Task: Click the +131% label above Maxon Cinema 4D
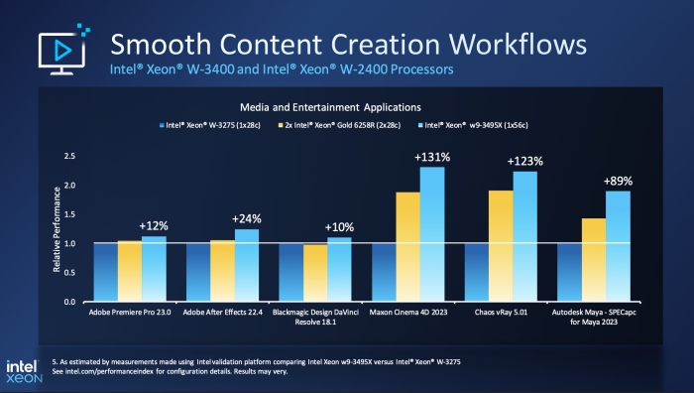coord(432,156)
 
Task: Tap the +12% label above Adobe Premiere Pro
coord(154,225)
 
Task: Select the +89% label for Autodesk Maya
coord(617,181)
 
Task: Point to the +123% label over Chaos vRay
coord(524,161)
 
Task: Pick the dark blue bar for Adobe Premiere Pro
coord(105,272)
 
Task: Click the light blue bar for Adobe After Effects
coord(247,265)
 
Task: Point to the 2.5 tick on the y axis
coord(68,157)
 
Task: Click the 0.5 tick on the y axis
coord(68,272)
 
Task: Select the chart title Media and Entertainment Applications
coord(330,105)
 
